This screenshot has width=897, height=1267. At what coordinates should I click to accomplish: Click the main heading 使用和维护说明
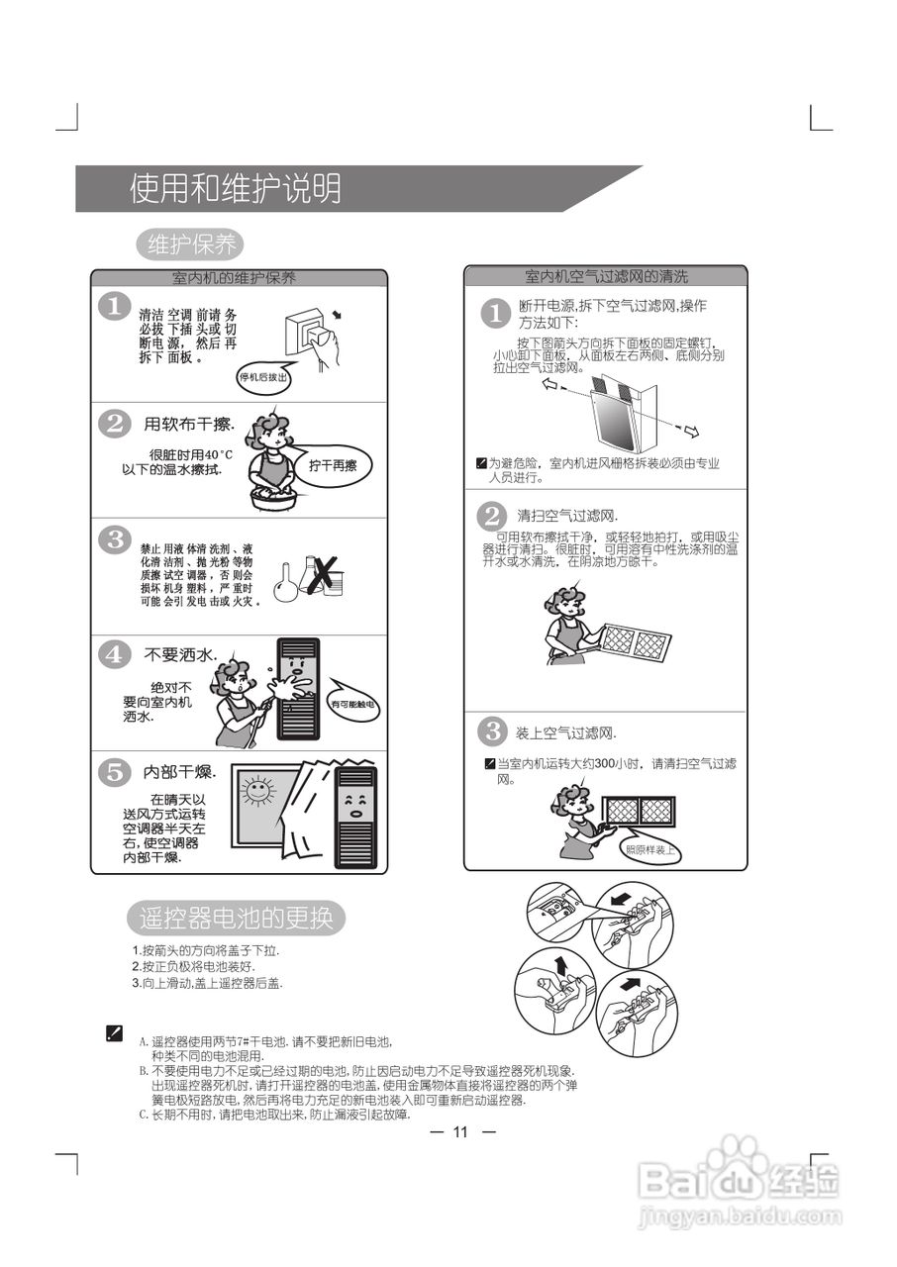click(x=236, y=188)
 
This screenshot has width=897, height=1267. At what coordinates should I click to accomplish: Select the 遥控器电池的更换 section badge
click(x=237, y=918)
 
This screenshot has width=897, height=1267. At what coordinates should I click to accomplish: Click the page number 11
click(x=459, y=1132)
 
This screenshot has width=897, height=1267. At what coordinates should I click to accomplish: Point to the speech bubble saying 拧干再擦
click(x=332, y=464)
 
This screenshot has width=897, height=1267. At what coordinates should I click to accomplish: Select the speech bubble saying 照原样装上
click(x=650, y=849)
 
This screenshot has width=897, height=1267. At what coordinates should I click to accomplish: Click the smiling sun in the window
click(x=258, y=791)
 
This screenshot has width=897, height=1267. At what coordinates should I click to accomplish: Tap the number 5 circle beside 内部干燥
click(x=115, y=771)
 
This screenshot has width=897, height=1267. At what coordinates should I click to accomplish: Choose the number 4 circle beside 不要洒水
click(x=115, y=654)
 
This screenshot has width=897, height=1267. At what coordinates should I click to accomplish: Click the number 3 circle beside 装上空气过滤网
click(x=492, y=732)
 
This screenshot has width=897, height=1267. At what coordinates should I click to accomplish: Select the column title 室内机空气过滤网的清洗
click(x=605, y=276)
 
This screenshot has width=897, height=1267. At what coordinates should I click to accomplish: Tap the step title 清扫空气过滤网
click(x=567, y=517)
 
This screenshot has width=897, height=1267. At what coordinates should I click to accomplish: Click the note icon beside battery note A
click(x=114, y=1032)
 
